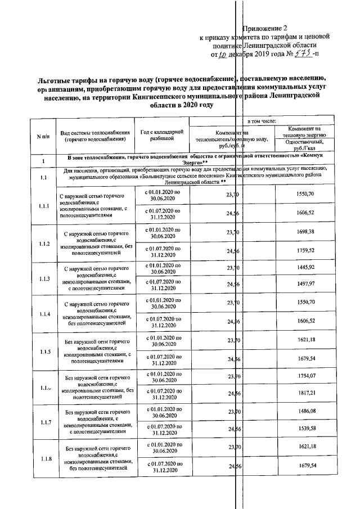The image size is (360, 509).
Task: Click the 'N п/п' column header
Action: tap(43, 136)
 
